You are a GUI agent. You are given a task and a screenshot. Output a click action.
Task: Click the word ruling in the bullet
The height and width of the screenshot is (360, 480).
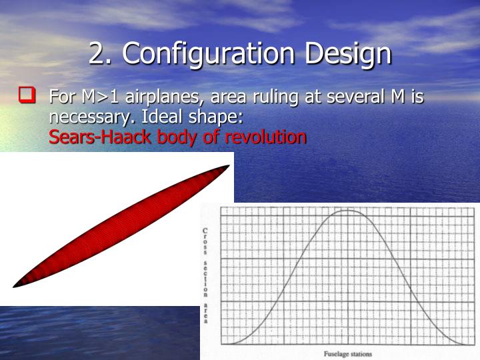[x=273, y=97]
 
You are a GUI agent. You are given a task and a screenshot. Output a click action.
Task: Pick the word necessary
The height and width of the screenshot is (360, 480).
[x=83, y=117]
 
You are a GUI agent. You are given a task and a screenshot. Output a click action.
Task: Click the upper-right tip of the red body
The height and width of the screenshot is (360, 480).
[x=229, y=166]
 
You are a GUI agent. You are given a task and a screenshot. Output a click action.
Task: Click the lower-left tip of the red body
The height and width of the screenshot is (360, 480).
[x=15, y=285]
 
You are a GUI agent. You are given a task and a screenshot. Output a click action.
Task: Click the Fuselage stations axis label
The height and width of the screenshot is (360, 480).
[x=348, y=353]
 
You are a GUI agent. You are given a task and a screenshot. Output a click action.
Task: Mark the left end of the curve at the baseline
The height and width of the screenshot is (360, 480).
[x=231, y=343]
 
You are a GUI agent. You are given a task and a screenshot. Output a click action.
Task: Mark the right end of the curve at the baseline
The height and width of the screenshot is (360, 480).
[x=467, y=343]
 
